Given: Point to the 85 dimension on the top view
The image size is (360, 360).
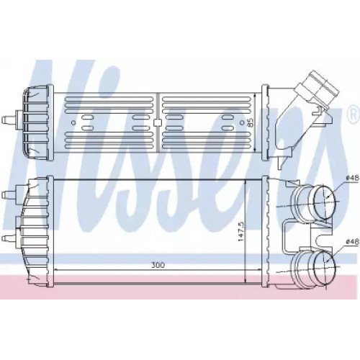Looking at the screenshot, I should (251, 122).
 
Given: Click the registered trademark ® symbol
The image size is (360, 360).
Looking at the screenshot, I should (354, 112).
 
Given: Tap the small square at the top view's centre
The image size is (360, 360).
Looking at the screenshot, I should (157, 123).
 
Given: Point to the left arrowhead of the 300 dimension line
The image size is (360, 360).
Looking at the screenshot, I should (56, 269).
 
